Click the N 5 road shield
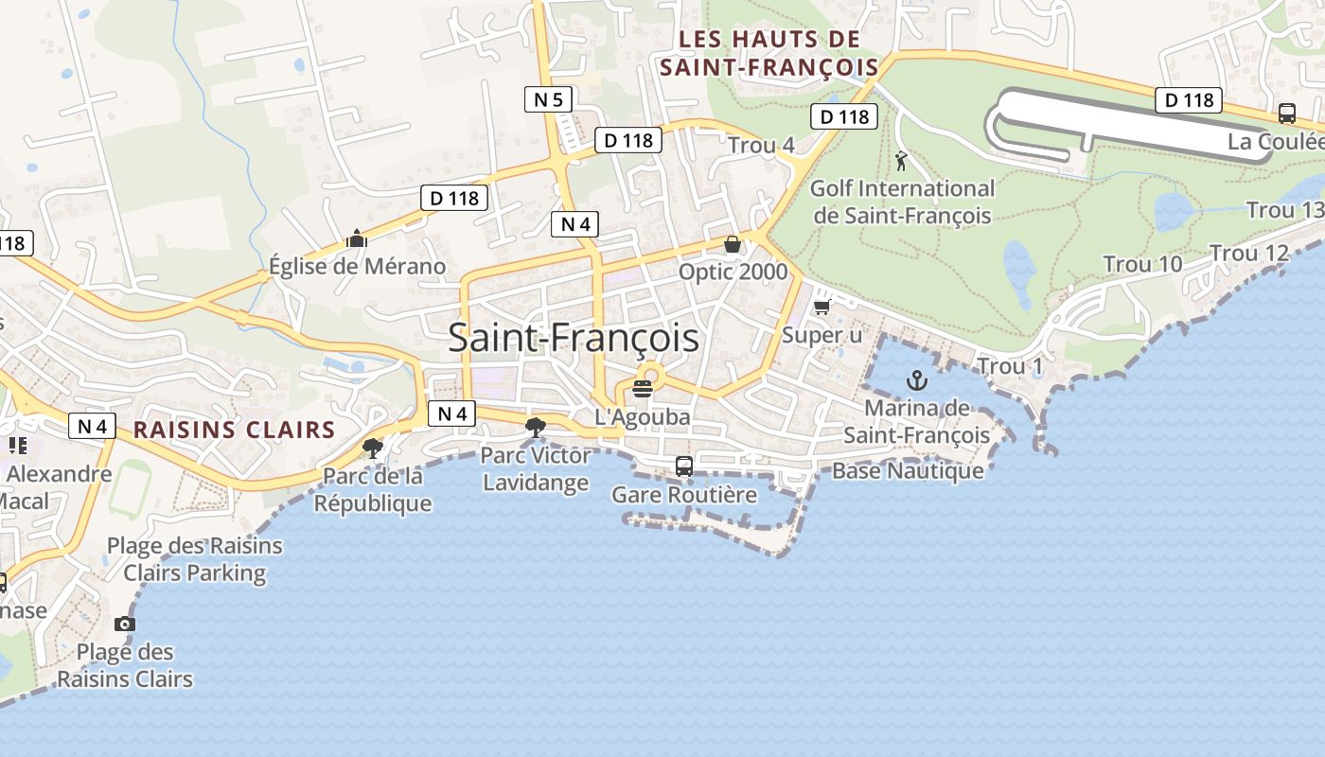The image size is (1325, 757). (548, 98)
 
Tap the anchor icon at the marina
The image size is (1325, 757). (916, 380)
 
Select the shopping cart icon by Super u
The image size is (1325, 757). (821, 307)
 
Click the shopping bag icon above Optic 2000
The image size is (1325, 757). (733, 244)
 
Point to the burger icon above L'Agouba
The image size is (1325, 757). (643, 388)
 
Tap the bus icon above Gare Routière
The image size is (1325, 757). (683, 466)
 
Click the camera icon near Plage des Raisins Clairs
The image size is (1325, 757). (124, 624)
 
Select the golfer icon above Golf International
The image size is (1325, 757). (901, 160)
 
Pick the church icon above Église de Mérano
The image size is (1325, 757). (356, 238)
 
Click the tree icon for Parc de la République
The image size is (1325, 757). (373, 447)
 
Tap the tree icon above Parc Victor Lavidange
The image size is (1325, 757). (536, 428)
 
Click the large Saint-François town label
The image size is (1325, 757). (574, 338)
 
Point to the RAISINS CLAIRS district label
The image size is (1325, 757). (234, 430)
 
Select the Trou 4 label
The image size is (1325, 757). (761, 145)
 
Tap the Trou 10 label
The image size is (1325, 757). (1143, 264)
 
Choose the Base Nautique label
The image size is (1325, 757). (908, 470)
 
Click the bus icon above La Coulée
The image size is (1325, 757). (1286, 114)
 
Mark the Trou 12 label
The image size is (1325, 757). (1249, 253)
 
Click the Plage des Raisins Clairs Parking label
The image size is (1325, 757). (195, 559)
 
